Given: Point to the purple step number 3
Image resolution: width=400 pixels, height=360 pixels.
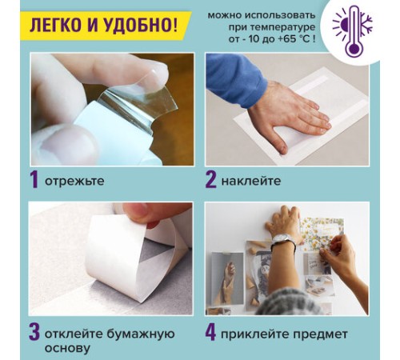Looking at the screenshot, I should click(34, 330).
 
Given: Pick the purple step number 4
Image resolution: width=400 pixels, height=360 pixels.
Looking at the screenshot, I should click(210, 330).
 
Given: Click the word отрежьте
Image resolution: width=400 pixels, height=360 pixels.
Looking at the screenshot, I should click(75, 182).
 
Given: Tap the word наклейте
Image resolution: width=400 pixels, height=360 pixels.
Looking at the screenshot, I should click(252, 182).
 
